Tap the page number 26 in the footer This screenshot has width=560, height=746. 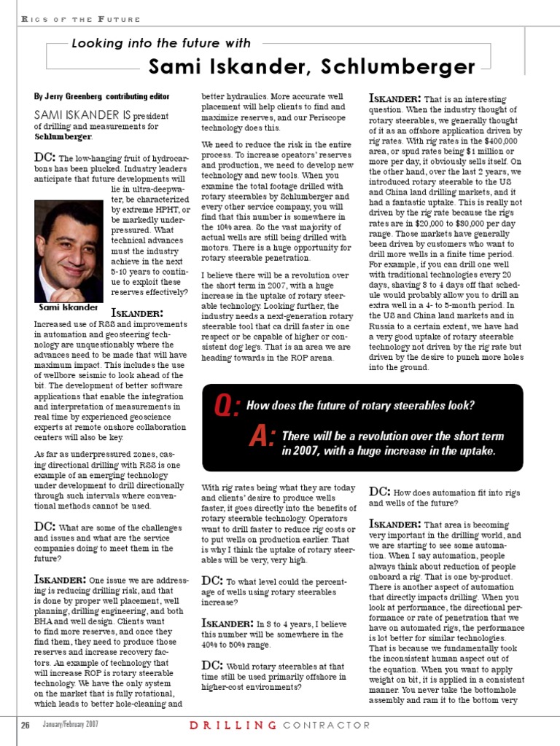24,725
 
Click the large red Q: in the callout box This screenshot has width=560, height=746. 227,407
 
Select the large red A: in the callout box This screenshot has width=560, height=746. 262,437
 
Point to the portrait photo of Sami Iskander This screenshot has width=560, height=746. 69,251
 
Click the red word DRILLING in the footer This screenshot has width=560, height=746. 233,725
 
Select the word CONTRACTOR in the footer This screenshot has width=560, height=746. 327,725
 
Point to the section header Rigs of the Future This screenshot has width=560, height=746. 70,17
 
